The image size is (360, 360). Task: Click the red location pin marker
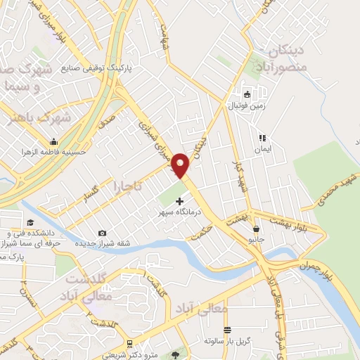pyautogui.click(x=180, y=166)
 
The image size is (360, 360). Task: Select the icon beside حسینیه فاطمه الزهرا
pyautogui.click(x=53, y=141)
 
